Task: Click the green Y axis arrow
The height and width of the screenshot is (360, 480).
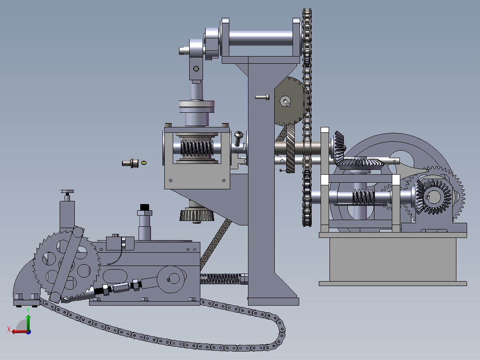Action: [28, 322]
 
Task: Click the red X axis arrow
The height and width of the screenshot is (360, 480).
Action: [19, 331]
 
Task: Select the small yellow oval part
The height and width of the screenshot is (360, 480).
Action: [143, 163]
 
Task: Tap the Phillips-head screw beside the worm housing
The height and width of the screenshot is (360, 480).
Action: [239, 138]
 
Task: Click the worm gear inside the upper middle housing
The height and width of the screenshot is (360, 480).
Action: [197, 148]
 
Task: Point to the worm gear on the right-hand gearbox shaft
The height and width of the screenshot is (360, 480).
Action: [364, 197]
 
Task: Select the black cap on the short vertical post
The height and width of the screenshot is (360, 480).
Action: [144, 208]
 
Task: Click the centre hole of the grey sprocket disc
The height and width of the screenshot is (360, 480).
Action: [285, 101]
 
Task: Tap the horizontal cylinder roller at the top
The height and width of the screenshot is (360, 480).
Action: [260, 38]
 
